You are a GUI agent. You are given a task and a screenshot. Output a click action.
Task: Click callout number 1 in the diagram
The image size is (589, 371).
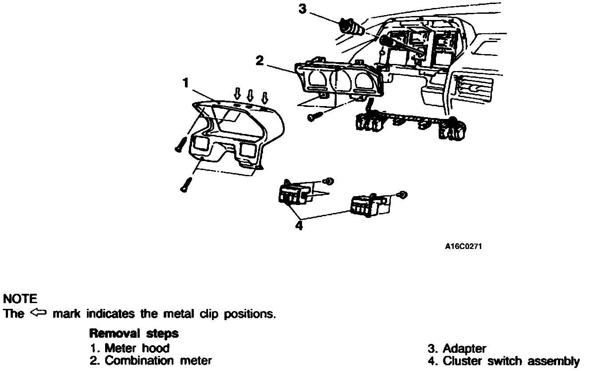[x=186, y=83]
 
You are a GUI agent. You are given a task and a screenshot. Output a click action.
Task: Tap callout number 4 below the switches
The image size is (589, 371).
[x=299, y=225]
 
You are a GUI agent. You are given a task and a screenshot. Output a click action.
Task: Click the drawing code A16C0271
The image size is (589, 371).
[x=463, y=247]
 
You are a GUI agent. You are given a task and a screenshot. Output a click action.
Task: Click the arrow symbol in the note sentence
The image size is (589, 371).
[x=39, y=313]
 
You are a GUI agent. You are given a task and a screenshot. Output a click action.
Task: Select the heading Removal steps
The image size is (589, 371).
[x=134, y=333]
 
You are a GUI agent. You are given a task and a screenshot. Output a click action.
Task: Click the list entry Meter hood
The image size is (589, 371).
[x=130, y=348]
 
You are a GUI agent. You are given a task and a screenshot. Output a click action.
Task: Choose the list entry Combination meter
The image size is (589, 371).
[x=151, y=361]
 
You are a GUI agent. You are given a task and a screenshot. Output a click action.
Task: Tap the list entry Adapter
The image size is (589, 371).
[x=457, y=348]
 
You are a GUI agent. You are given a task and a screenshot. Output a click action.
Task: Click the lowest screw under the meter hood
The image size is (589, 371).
[x=185, y=185]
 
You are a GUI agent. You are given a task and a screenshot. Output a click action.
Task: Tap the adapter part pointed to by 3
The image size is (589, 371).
[x=351, y=27]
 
